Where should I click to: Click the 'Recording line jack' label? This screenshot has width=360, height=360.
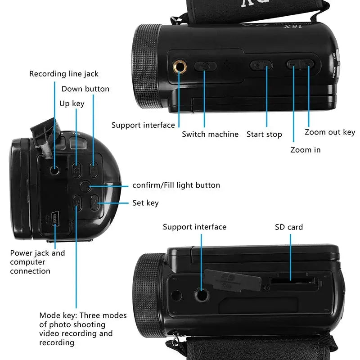tap(63, 73)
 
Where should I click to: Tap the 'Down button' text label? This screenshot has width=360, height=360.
tap(85, 89)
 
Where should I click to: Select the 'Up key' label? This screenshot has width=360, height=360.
tap(72, 103)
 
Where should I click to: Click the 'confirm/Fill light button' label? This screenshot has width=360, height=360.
tap(176, 185)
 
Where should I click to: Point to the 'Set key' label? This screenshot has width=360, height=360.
tap(145, 203)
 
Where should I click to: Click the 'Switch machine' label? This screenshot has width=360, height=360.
tap(210, 134)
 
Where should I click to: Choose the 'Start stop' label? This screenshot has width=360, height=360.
tap(264, 134)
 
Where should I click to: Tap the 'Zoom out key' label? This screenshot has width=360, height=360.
tap(330, 132)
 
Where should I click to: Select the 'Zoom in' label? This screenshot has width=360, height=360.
tap(306, 149)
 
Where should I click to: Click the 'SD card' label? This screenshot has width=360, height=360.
tap(289, 227)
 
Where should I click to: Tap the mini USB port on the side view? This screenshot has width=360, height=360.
tap(55, 220)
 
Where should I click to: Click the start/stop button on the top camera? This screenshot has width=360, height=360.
tap(261, 66)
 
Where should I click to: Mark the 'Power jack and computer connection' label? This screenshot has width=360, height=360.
tap(37, 262)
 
